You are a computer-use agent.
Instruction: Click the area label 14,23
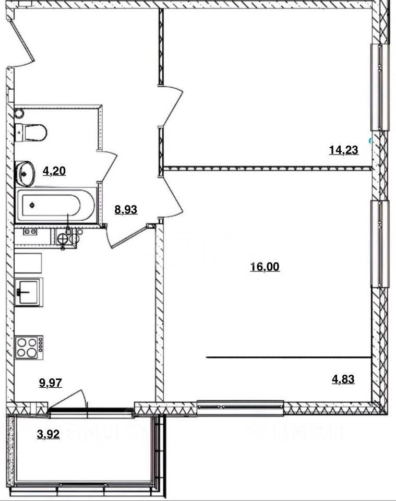click(x=344, y=150)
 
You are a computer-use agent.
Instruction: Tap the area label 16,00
click(x=265, y=267)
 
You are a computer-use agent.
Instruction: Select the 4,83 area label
click(x=343, y=379)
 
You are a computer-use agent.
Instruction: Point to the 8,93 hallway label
click(x=126, y=210)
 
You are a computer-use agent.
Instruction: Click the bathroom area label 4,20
click(x=54, y=171)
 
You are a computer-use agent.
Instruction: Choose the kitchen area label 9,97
click(x=51, y=383)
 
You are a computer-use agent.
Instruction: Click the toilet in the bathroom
click(x=31, y=132)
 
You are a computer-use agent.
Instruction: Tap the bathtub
click(x=56, y=205)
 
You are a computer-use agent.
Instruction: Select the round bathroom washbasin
click(x=25, y=173)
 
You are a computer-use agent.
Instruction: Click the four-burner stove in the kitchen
click(x=29, y=348)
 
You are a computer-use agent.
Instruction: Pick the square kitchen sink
click(x=29, y=292)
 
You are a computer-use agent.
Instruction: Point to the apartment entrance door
click(x=21, y=38)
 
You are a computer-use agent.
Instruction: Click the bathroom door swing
click(x=108, y=168)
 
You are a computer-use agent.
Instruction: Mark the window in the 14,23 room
click(x=380, y=87)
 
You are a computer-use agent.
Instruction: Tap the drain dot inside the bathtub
click(x=32, y=205)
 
